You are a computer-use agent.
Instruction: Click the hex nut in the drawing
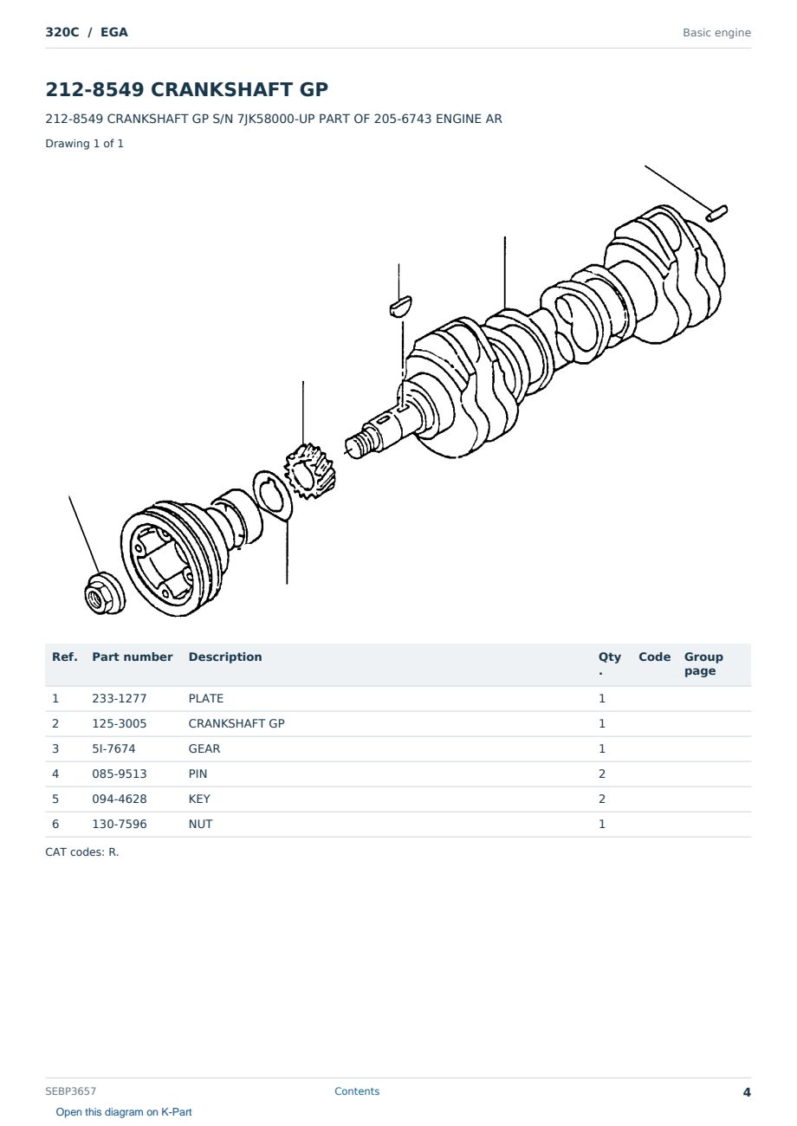pos(105,593)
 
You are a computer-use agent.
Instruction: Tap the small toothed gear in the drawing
pos(308,471)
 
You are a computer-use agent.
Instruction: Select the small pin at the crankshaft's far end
pos(716,213)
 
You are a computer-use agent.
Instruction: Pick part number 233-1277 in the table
pos(120,698)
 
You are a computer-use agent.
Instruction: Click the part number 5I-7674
pos(113,748)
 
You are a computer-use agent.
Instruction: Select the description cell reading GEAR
pos(204,748)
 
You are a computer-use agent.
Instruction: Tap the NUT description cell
pos(200,824)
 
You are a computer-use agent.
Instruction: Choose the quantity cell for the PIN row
pos(602,773)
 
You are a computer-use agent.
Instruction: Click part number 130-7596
pos(120,824)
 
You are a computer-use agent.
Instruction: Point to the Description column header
pos(225,657)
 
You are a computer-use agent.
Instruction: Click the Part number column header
pos(133,657)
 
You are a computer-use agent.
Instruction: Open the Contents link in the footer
pos(357,1091)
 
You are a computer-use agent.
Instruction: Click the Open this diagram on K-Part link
pos(124,1112)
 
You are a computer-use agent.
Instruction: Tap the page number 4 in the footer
pos(747,1092)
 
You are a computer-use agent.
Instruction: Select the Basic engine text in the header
pos(716,33)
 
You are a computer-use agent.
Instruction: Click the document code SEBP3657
pos(70,1091)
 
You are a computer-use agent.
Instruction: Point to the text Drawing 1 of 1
pos(85,143)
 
